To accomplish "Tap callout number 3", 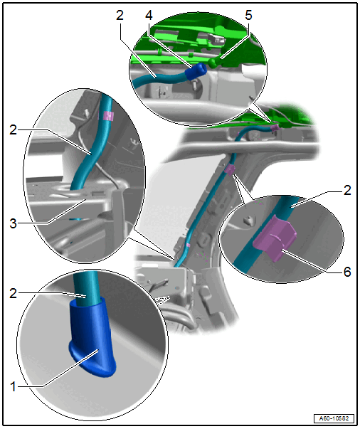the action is [13, 223].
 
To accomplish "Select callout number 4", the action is [149, 16].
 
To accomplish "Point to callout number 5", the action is [248, 16].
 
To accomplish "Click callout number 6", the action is [347, 272].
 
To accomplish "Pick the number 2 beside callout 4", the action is [120, 16].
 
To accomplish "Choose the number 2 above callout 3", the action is [13, 129].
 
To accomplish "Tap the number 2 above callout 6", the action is [347, 190].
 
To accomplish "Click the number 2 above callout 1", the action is [13, 294].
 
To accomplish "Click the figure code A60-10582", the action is [334, 418].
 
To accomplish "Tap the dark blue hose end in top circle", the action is [196, 71].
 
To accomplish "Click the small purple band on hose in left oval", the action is [107, 116].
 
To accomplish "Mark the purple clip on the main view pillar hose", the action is [230, 170].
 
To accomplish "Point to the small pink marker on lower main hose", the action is [189, 245].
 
